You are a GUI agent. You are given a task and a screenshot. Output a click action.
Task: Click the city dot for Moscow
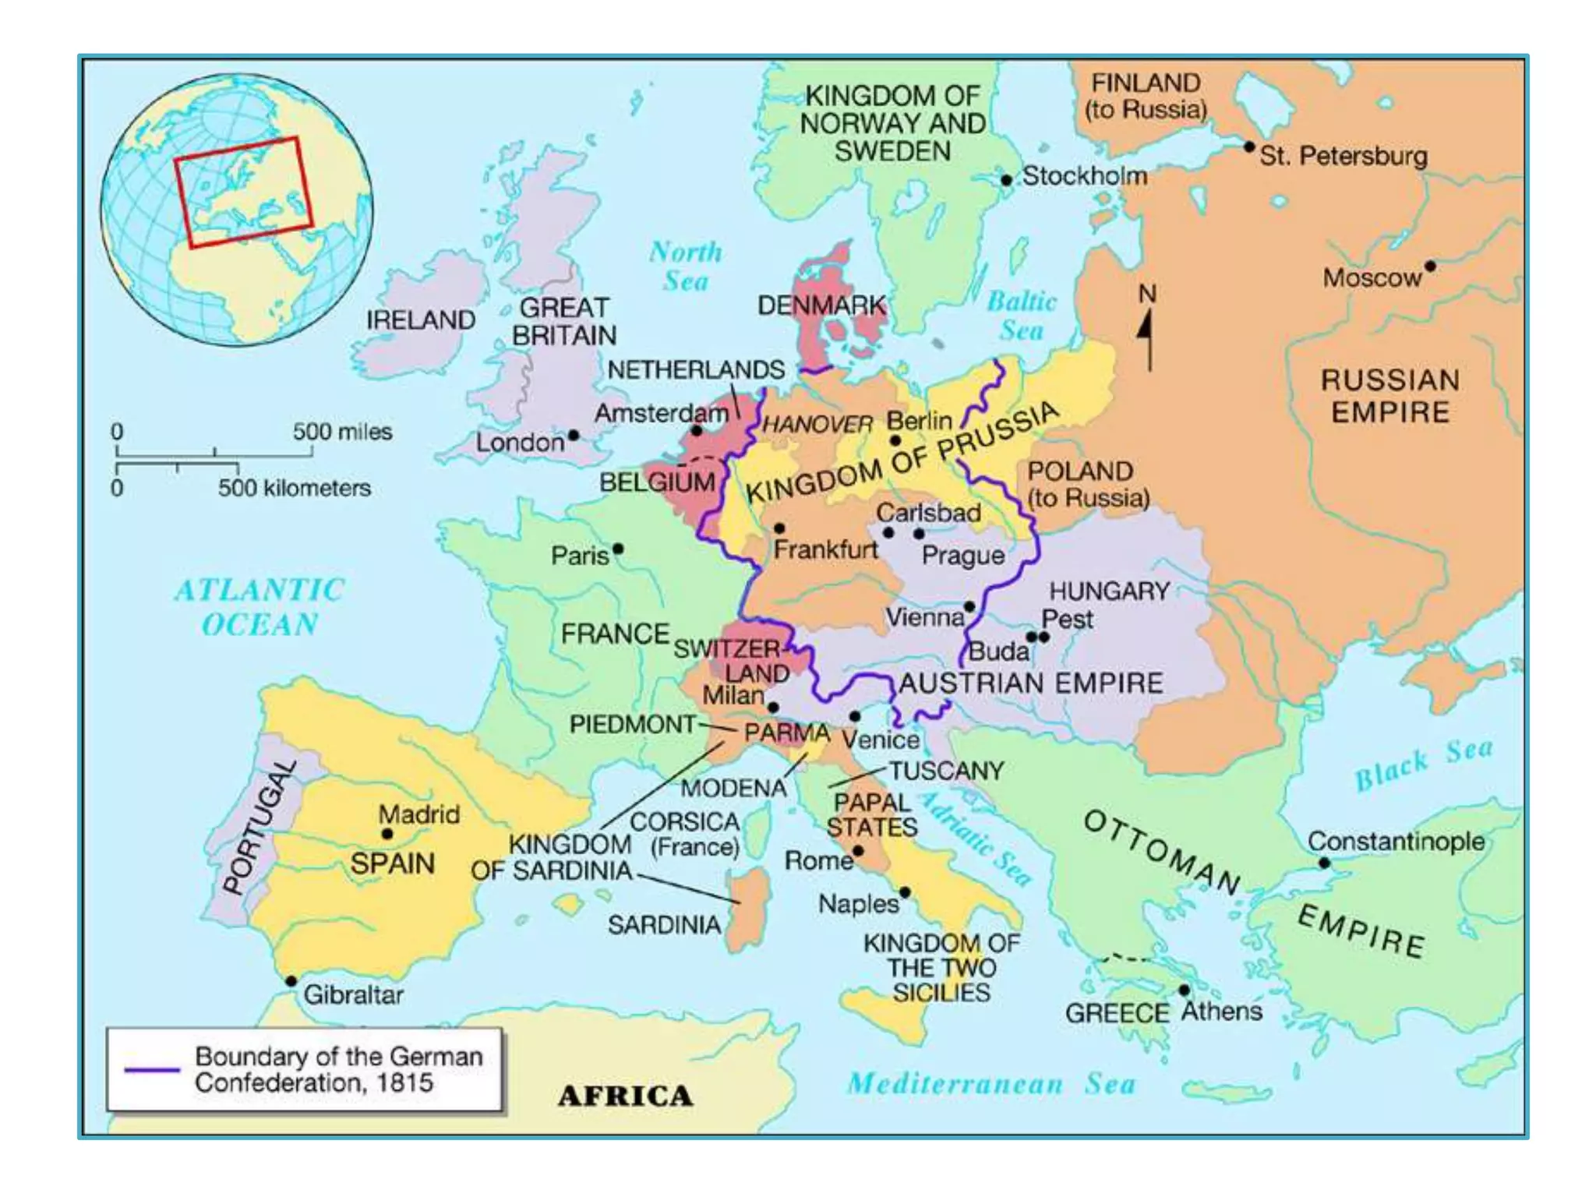pos(1430,267)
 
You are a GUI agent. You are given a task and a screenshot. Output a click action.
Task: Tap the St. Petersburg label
pos(1344,156)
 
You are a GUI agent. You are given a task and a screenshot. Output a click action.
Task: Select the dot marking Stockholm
pos(1006,180)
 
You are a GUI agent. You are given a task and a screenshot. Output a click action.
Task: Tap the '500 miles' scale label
pos(342,432)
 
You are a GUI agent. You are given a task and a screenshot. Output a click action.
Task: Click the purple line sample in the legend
pos(152,1069)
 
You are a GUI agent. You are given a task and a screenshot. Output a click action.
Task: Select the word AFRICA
pos(625,1096)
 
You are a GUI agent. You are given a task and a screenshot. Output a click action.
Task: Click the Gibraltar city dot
pos(291,981)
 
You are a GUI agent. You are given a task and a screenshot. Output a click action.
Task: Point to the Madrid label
pos(419,814)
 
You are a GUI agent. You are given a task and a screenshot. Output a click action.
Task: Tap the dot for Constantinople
pos(1324,863)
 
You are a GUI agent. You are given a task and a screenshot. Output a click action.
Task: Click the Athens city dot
pos(1184,990)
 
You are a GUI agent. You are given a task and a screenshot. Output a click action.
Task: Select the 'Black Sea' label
pos(1424,763)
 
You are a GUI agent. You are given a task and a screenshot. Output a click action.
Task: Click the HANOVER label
pos(817,425)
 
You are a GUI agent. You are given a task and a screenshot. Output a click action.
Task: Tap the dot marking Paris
pos(618,549)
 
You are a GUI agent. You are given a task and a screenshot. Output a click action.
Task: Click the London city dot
pos(574,436)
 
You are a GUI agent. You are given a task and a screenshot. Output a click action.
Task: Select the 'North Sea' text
pos(686,267)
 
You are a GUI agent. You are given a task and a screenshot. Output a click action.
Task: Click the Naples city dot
pos(905,892)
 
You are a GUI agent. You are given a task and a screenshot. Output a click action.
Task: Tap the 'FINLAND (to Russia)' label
pos(1146,96)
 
